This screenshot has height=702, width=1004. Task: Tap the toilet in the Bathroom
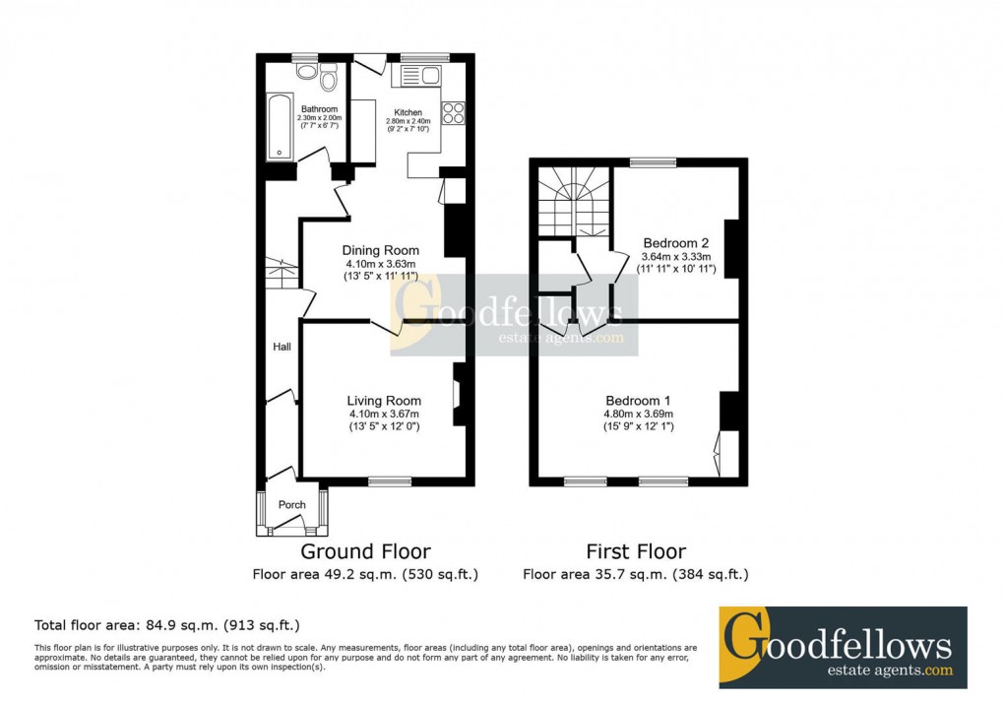pyautogui.click(x=328, y=75)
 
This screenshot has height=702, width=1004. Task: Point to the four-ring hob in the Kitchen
pyautogui.click(x=455, y=113)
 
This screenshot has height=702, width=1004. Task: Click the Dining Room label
pyautogui.click(x=381, y=250)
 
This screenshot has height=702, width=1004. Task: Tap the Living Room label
pyautogui.click(x=384, y=401)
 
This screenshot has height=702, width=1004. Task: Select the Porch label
pyautogui.click(x=291, y=505)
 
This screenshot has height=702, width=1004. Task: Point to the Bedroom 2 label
pyautogui.click(x=676, y=242)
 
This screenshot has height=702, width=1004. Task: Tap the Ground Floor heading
pyautogui.click(x=365, y=551)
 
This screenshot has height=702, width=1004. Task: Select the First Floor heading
pyautogui.click(x=636, y=551)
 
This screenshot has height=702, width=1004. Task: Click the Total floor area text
pyautogui.click(x=167, y=624)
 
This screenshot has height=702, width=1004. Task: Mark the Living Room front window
pyautogui.click(x=390, y=481)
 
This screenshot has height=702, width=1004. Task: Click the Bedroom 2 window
pyautogui.click(x=654, y=161)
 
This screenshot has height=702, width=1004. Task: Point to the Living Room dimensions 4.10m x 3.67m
pyautogui.click(x=383, y=415)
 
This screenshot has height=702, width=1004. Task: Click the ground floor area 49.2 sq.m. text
pyautogui.click(x=365, y=574)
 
